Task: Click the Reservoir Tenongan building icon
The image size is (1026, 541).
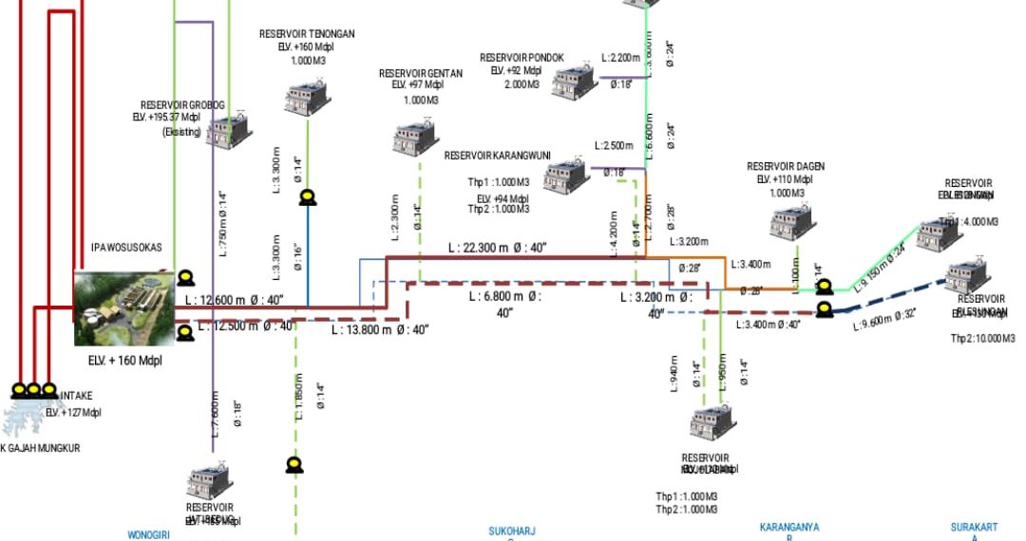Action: (306, 98)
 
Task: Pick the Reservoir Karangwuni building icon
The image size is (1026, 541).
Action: (567, 175)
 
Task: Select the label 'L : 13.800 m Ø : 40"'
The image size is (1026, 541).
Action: (380, 330)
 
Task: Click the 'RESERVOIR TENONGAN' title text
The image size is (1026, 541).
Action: (307, 34)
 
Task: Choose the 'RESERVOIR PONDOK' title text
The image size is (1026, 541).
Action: (522, 58)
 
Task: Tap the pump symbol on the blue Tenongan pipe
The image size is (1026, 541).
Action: (308, 197)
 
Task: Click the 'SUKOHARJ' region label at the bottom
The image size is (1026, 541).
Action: (518, 532)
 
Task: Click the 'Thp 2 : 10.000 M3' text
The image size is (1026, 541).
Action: (982, 339)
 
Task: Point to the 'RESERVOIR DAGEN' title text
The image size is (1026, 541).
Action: (786, 167)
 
